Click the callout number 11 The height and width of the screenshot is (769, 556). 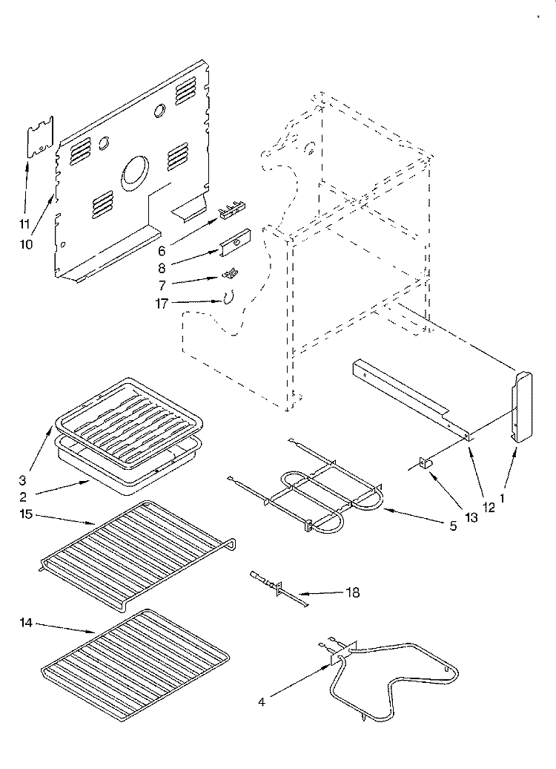[24, 225]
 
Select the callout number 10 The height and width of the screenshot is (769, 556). [27, 243]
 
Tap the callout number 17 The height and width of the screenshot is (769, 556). [162, 304]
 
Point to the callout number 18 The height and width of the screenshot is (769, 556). [353, 592]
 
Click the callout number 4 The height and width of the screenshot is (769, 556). [262, 702]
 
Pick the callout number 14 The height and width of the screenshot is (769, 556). [26, 622]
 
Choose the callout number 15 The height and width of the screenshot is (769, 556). [26, 514]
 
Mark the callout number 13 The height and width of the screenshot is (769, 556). [471, 517]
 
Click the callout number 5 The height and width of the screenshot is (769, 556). [453, 526]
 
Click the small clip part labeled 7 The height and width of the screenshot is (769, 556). [229, 272]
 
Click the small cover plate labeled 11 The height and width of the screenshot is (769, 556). [40, 137]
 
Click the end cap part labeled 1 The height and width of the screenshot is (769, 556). [522, 408]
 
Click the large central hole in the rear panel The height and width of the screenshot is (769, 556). [133, 174]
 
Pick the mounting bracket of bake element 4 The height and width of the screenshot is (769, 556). [344, 652]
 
